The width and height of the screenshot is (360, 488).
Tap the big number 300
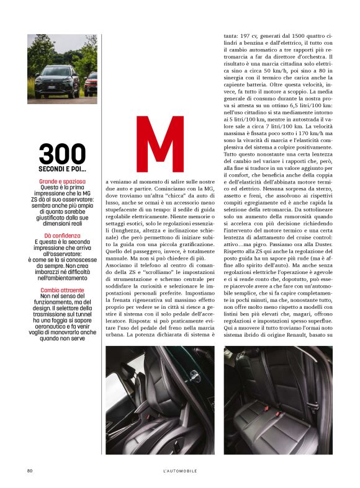(x=62, y=154)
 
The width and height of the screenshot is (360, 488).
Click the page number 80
(x=29, y=471)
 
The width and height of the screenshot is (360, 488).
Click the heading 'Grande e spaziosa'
(x=62, y=181)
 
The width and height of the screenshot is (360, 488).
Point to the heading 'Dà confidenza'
(x=62, y=236)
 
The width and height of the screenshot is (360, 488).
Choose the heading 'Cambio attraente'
(x=62, y=290)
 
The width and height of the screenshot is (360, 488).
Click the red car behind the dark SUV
(x=91, y=82)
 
